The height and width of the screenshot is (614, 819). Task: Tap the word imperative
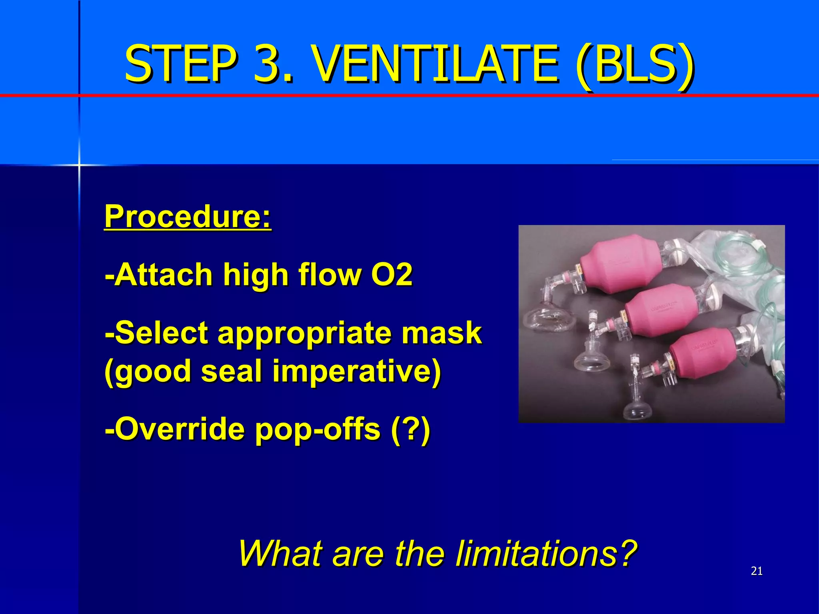click(x=356, y=371)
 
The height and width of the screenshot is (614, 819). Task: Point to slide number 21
click(x=757, y=571)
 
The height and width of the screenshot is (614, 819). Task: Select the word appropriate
click(x=304, y=333)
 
